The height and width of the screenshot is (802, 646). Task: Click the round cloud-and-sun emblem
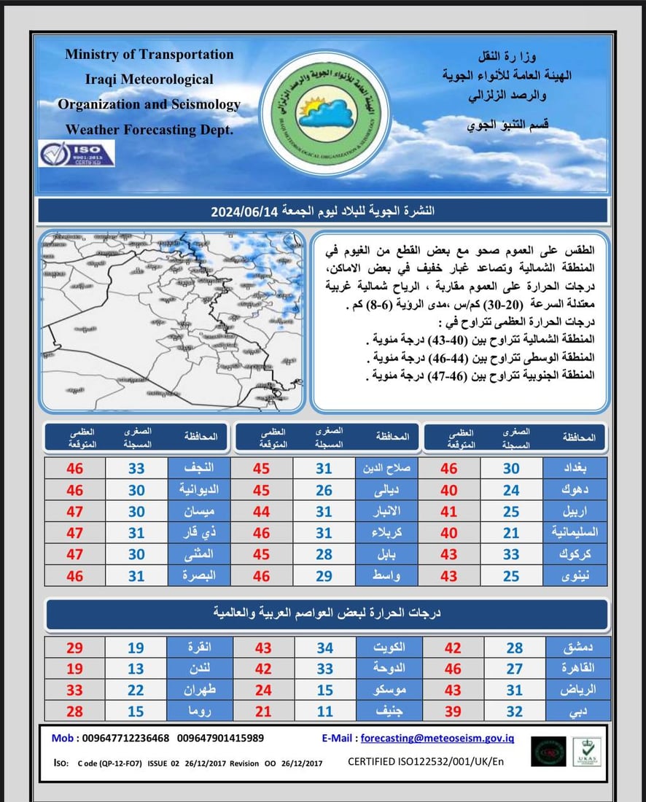pos(322,112)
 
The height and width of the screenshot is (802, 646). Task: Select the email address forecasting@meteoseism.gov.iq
pos(437,738)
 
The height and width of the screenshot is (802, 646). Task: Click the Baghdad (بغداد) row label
pos(576,469)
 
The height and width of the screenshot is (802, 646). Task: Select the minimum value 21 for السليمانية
pos(511,532)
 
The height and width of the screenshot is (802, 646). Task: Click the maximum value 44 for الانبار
pos(262,511)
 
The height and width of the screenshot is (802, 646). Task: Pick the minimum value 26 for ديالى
pos(324,490)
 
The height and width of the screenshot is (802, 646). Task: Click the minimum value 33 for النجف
pos(136,469)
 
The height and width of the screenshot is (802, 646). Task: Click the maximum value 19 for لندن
pos(74,669)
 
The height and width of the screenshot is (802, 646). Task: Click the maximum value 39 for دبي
pos(449,710)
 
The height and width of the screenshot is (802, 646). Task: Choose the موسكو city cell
pos(387,690)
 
